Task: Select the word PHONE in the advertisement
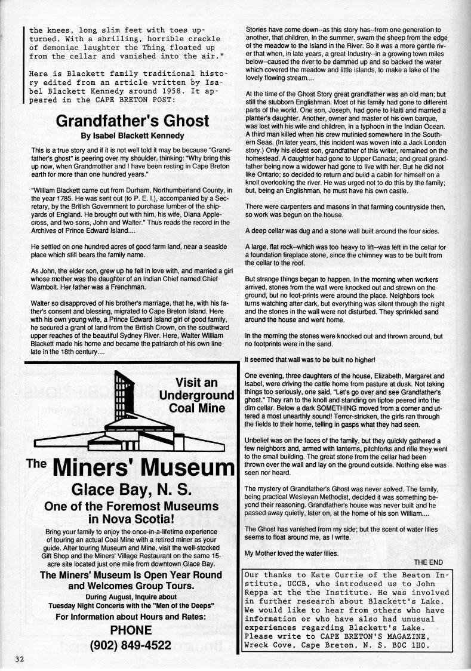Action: tap(131, 630)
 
